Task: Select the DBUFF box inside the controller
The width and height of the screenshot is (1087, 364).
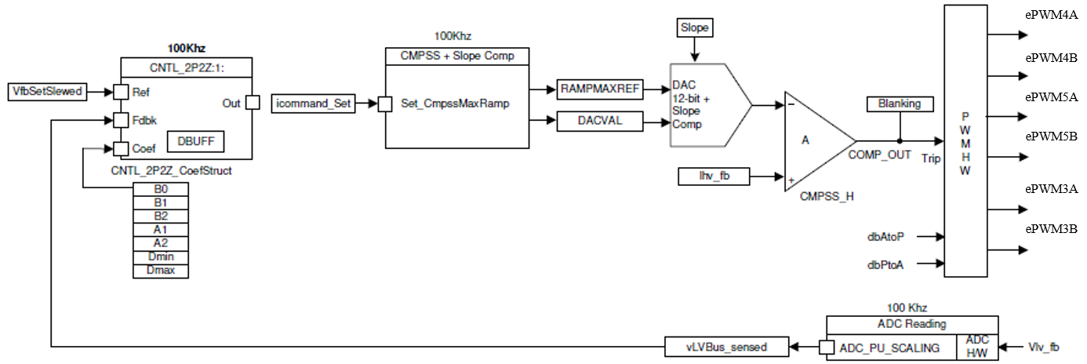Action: pos(196,141)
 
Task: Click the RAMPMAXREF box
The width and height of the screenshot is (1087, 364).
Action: pos(600,89)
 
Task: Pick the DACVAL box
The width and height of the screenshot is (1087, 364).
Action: pos(600,120)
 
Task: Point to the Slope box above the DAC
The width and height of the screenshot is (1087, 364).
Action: pos(694,28)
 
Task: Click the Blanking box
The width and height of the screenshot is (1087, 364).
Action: pos(900,104)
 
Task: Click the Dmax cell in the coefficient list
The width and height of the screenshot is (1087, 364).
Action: pos(161,271)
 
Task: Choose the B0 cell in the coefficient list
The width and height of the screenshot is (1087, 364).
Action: pos(161,189)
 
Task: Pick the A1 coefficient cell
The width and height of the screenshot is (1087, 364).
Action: pos(161,230)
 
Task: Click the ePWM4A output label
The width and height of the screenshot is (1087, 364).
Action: pos(1051,15)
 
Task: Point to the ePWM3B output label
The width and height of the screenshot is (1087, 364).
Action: pos(1051,229)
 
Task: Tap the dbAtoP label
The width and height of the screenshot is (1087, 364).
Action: pos(885,236)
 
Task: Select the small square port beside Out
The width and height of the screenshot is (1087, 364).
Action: pos(253,103)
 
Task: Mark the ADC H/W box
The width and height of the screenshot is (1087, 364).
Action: pos(977,346)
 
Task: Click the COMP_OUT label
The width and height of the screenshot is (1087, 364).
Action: pos(879,155)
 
